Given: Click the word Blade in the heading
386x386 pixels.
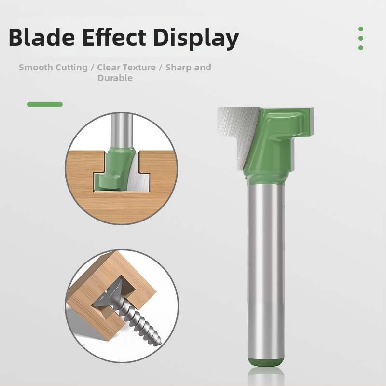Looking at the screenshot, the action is coord(41,38).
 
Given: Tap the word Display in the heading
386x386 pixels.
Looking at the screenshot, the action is coord(196,38).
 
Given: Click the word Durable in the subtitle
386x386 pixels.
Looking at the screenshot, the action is coord(115,78).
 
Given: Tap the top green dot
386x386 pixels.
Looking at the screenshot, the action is coord(361,29).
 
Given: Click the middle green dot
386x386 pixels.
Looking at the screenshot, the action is coord(361,38).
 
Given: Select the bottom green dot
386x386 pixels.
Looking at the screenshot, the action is coord(361,47).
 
